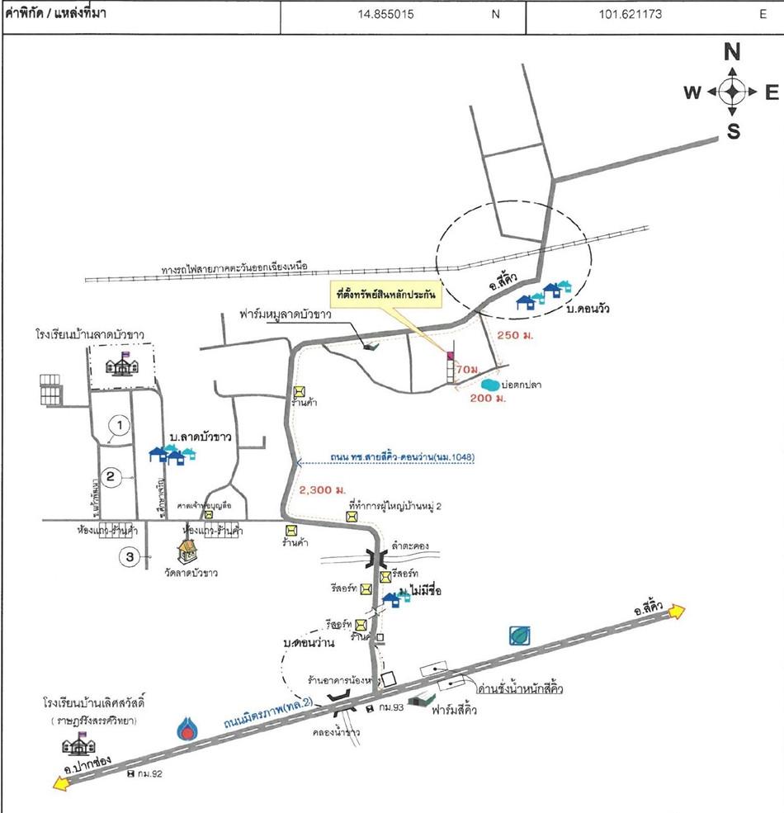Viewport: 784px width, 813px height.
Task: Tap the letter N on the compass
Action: [x=731, y=53]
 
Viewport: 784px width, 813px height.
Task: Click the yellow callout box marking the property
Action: [x=384, y=293]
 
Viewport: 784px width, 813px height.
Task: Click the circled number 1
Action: [x=120, y=425]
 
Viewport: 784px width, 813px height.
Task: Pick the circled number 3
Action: [x=130, y=558]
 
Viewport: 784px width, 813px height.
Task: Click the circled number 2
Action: [x=111, y=475]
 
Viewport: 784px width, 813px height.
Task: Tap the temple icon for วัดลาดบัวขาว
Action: [x=189, y=554]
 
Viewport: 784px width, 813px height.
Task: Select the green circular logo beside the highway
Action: [x=520, y=635]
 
